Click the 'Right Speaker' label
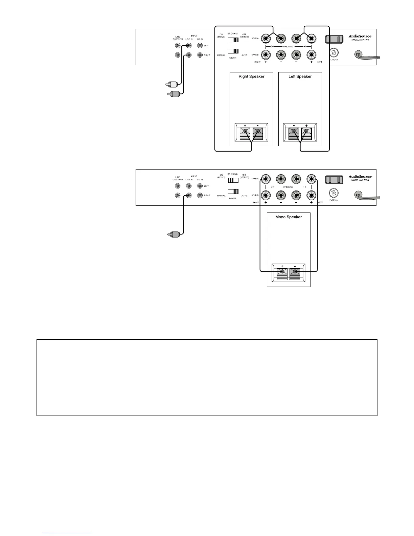[x=251, y=76]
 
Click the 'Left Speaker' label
[x=300, y=76]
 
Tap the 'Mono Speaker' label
[x=289, y=217]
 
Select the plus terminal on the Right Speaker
[x=245, y=132]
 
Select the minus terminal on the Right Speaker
[x=258, y=132]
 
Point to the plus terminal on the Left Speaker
[x=306, y=132]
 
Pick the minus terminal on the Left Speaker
[x=294, y=132]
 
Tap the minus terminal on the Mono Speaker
[x=295, y=271]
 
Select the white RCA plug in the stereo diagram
[x=171, y=84]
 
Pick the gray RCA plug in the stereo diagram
[x=173, y=94]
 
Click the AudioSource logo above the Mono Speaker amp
[x=360, y=176]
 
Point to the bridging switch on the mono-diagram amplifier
[x=233, y=180]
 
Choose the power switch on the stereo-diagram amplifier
[x=233, y=51]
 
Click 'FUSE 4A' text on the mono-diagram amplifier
[x=333, y=200]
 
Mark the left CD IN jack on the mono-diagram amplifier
[x=200, y=186]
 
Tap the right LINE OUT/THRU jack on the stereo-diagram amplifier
[x=178, y=55]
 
